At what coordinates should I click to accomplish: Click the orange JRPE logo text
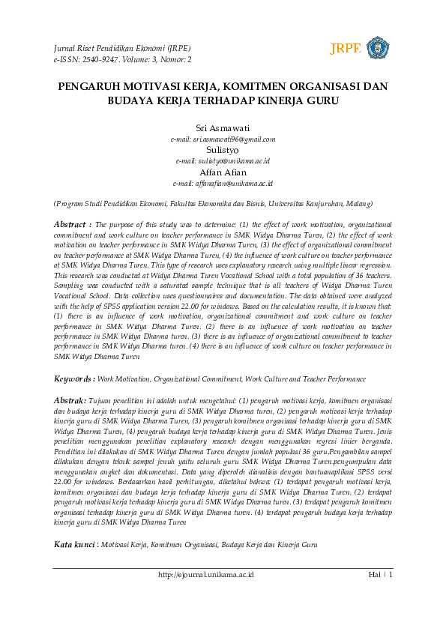click(346, 49)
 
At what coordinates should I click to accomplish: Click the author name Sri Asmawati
click(223, 128)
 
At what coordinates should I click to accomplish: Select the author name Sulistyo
click(223, 150)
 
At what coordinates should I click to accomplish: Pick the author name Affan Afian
click(223, 172)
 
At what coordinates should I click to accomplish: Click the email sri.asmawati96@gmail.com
click(223, 139)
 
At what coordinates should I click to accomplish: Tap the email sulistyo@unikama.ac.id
click(223, 161)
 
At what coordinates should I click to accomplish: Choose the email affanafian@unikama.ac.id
click(223, 184)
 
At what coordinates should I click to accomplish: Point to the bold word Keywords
click(73, 379)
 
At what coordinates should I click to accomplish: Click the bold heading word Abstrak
click(70, 402)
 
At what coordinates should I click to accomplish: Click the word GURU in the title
click(323, 101)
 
